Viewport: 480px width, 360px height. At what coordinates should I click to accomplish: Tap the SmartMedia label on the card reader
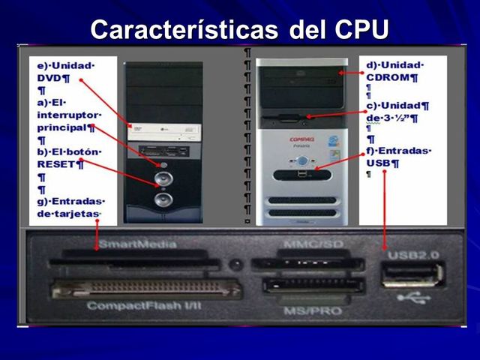pos(139,244)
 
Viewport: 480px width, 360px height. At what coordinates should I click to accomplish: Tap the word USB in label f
pos(379,163)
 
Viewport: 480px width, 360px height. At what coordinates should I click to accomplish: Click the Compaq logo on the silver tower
pos(301,139)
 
